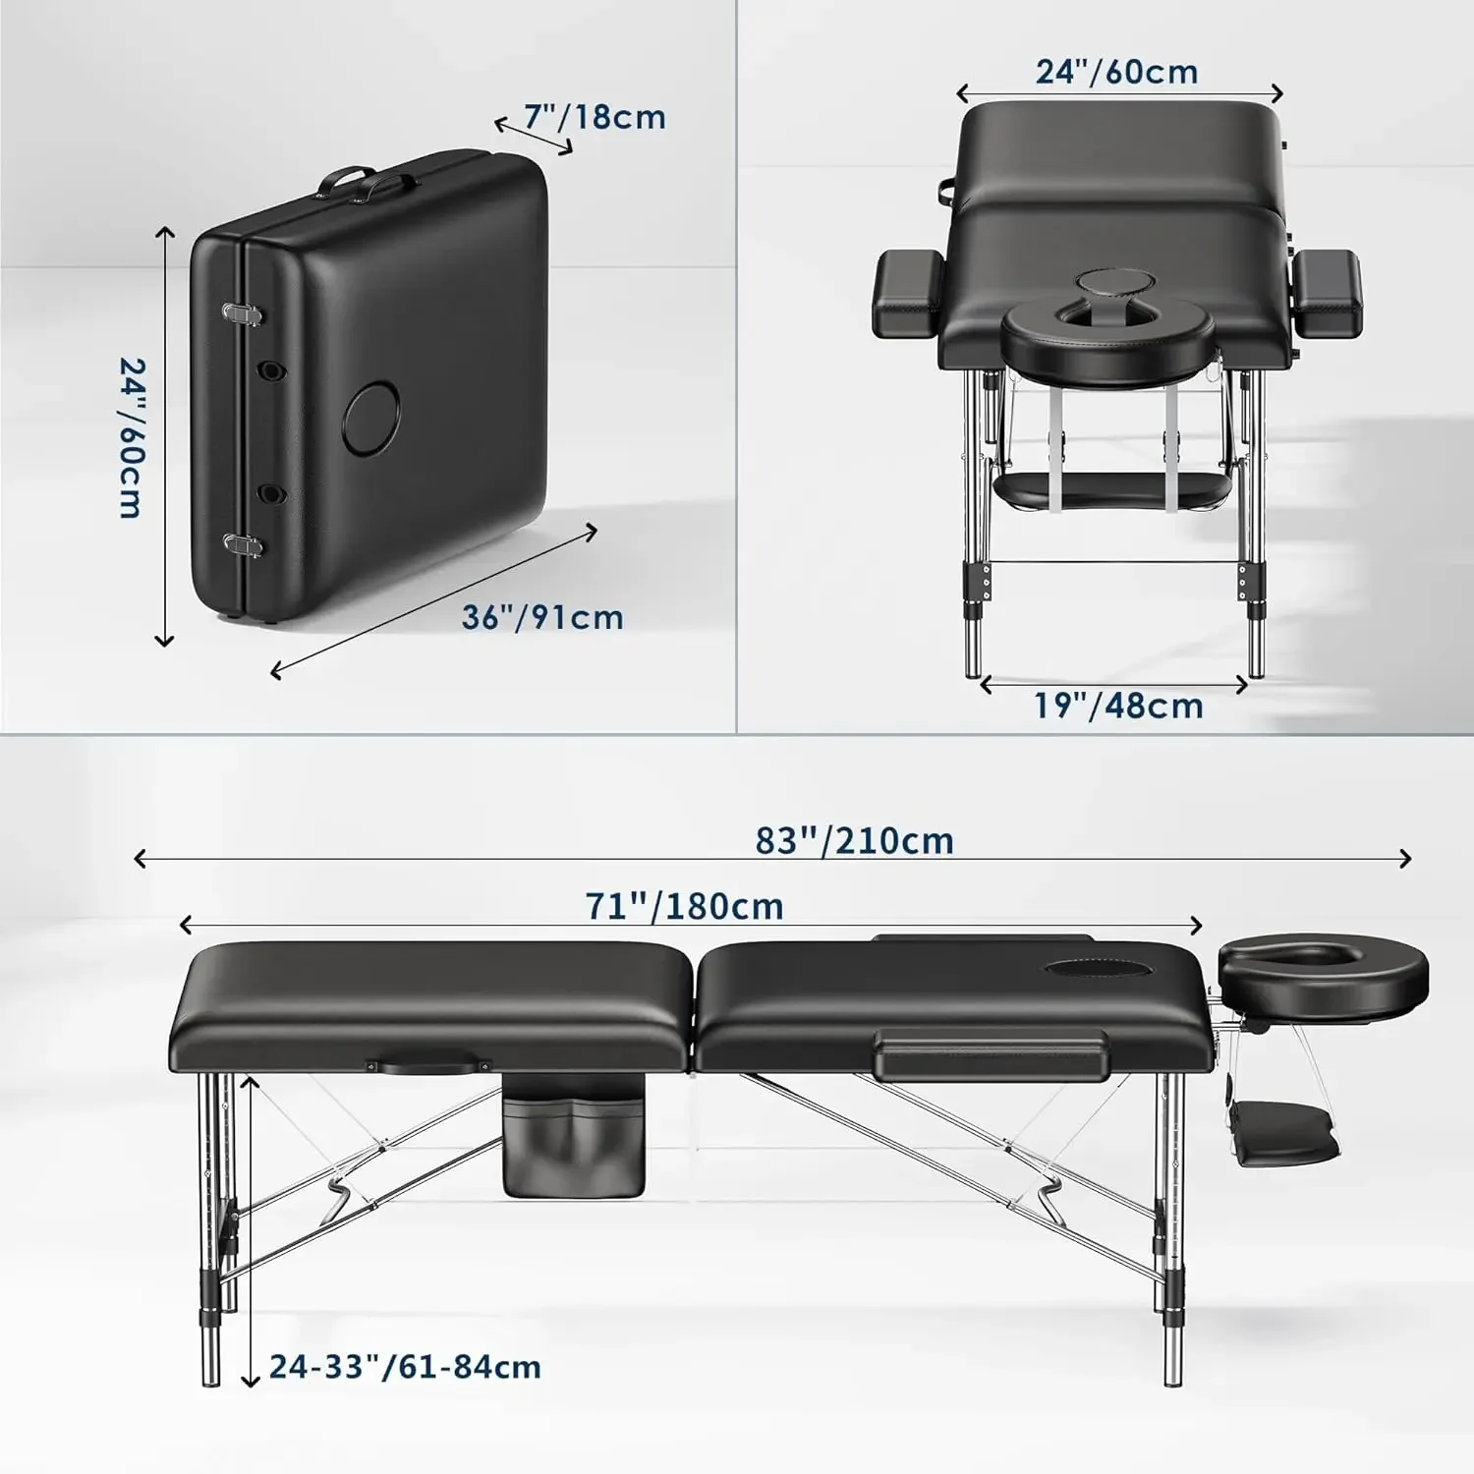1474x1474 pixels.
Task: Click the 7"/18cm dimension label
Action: (594, 117)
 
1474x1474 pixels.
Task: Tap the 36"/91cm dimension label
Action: (542, 617)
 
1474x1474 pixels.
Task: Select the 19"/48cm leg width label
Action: (1118, 706)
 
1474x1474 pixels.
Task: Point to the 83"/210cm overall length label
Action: (854, 841)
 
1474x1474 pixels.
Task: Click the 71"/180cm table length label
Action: (684, 906)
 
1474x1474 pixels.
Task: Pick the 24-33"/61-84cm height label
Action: (405, 1367)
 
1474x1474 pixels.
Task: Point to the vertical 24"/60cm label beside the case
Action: (132, 437)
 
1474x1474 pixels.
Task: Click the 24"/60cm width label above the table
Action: (1116, 72)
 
